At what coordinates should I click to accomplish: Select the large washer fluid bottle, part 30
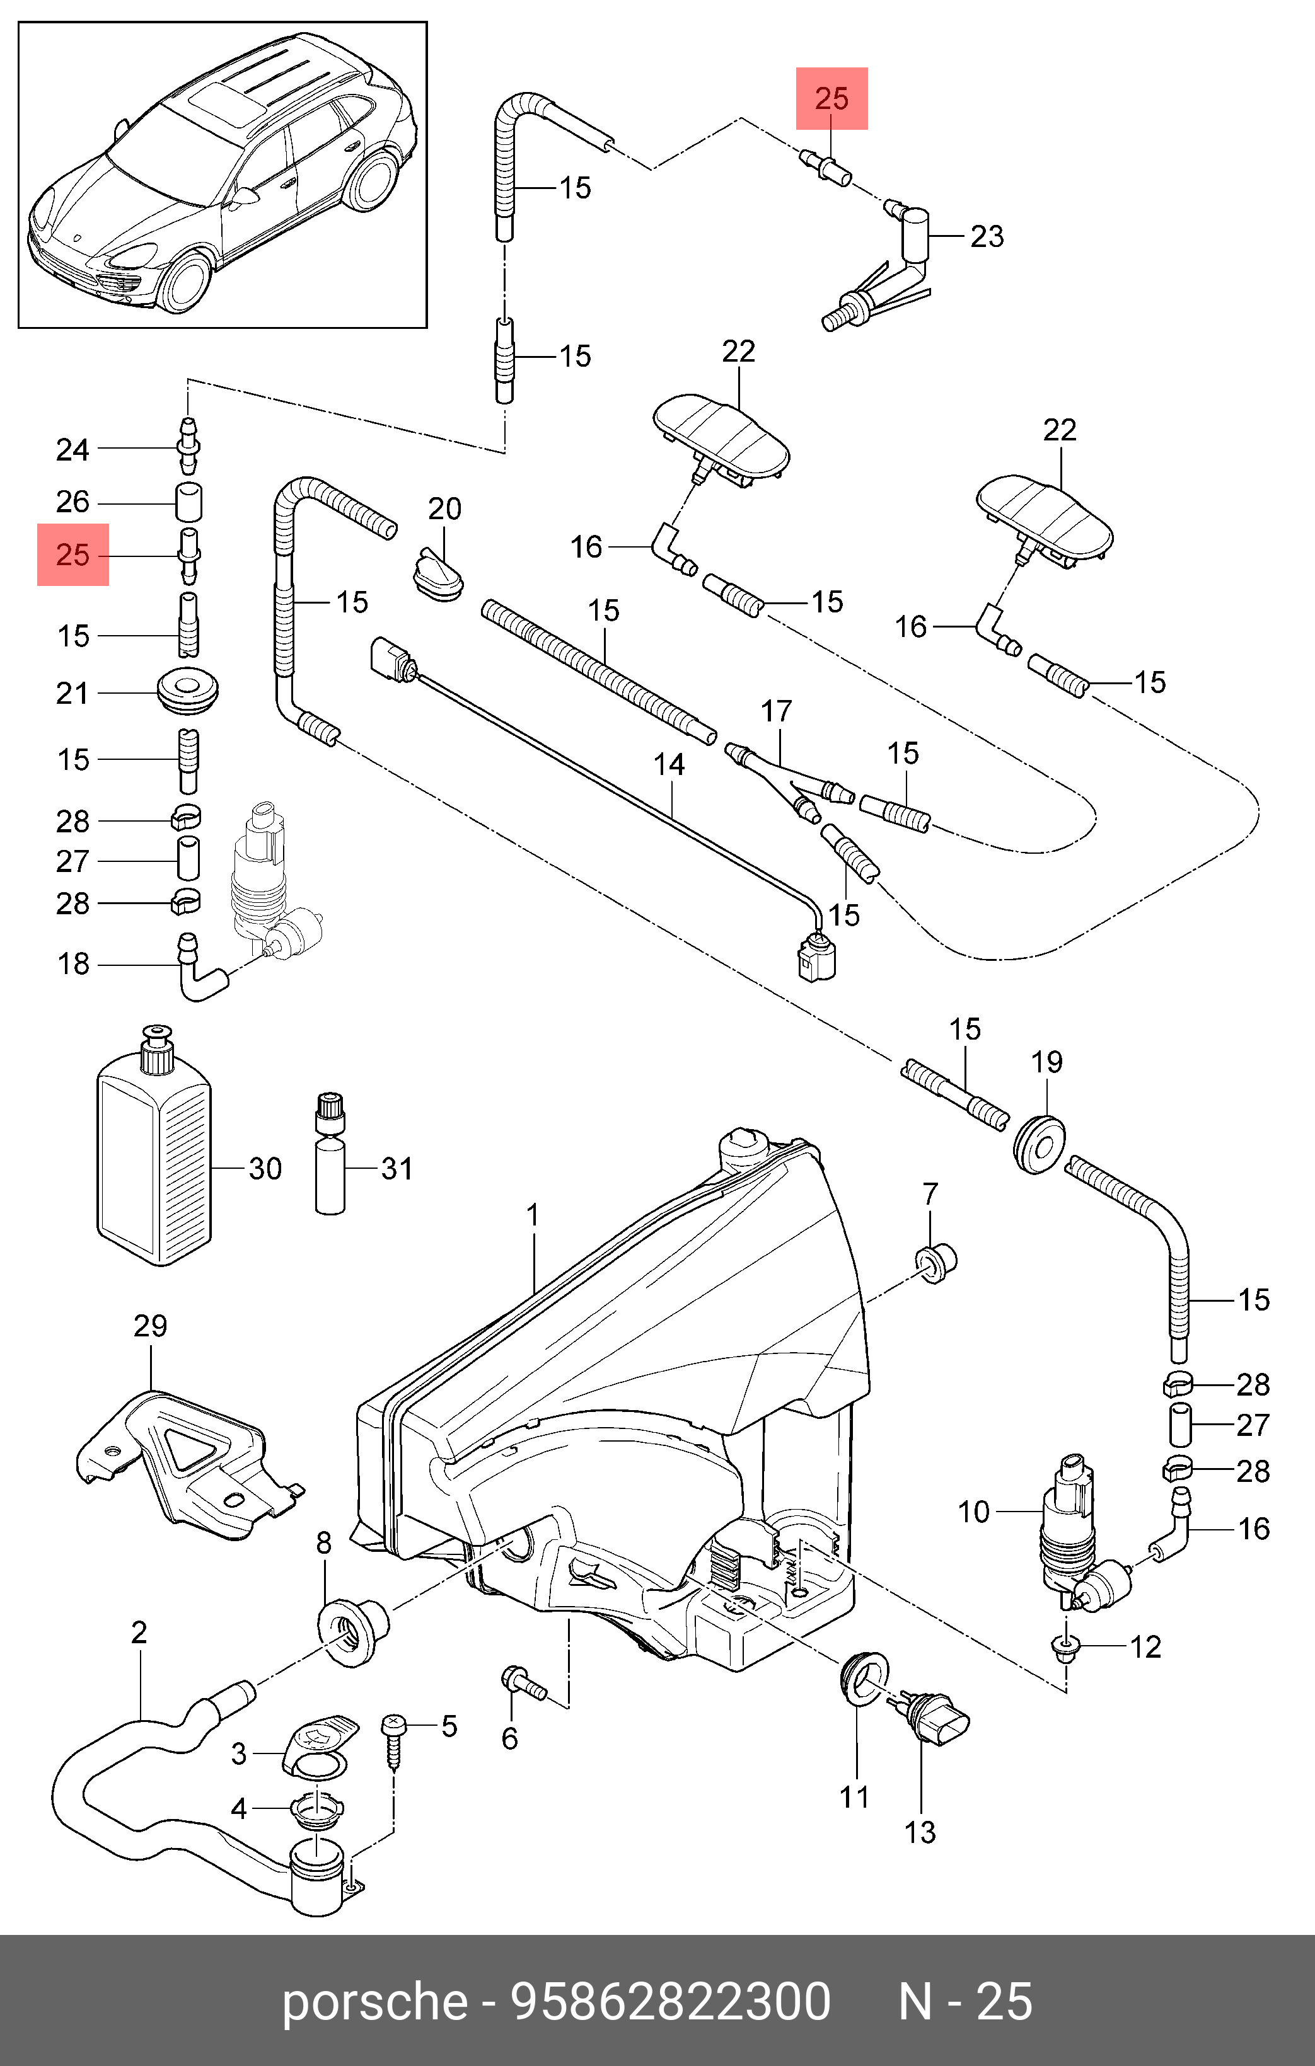pyautogui.click(x=154, y=1145)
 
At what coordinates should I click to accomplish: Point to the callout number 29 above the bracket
pyautogui.click(x=150, y=1326)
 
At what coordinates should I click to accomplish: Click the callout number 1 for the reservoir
pyautogui.click(x=533, y=1215)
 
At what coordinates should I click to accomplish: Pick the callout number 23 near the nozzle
pyautogui.click(x=987, y=236)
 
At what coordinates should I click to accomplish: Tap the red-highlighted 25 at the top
pyautogui.click(x=831, y=99)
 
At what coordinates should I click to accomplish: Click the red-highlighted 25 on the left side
pyautogui.click(x=73, y=554)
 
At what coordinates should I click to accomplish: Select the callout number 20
pyautogui.click(x=444, y=508)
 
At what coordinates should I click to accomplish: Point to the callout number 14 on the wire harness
pyautogui.click(x=669, y=764)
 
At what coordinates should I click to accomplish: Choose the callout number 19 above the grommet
pyautogui.click(x=1047, y=1062)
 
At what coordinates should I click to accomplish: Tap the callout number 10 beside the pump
pyautogui.click(x=973, y=1512)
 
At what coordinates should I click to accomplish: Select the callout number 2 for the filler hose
pyautogui.click(x=139, y=1632)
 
